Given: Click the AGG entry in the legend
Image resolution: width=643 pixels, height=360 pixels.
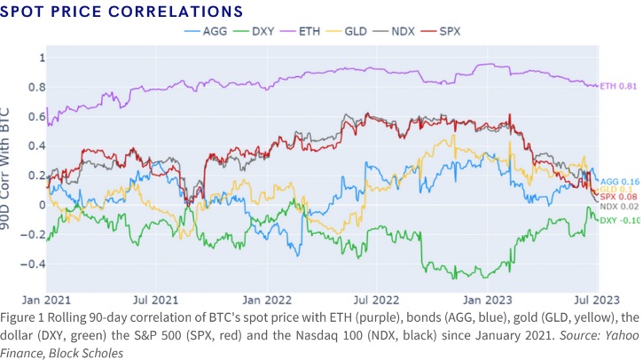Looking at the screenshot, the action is (206, 31).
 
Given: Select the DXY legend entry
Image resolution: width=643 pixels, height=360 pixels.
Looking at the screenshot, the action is (254, 31).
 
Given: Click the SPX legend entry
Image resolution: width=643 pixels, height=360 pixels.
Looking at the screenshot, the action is (441, 31).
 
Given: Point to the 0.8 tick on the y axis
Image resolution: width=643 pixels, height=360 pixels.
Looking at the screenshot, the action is (36, 87).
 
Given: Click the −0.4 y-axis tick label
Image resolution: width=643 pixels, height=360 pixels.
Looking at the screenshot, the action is (33, 264).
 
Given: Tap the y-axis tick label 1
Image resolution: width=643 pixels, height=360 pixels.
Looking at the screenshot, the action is (42, 58).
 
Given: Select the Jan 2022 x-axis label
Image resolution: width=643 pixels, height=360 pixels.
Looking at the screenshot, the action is (267, 300).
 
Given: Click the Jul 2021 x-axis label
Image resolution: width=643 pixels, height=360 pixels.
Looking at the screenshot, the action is (156, 300).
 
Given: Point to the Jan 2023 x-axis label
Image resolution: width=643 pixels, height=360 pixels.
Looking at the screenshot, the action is (488, 300).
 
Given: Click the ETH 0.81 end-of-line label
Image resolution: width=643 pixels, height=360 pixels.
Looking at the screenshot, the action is (618, 86).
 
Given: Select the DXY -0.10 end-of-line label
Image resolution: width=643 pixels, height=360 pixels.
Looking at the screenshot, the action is (620, 221).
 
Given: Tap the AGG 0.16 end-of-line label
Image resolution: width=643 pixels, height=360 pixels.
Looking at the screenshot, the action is (620, 182).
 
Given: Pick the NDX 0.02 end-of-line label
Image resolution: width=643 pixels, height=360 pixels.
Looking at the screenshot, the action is (619, 207).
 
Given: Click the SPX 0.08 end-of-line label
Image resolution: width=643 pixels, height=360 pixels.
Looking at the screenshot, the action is (618, 197).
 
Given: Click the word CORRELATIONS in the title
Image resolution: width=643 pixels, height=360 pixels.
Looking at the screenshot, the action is (176, 12).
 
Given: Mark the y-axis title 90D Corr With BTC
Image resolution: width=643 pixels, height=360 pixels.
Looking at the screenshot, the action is (5, 168).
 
